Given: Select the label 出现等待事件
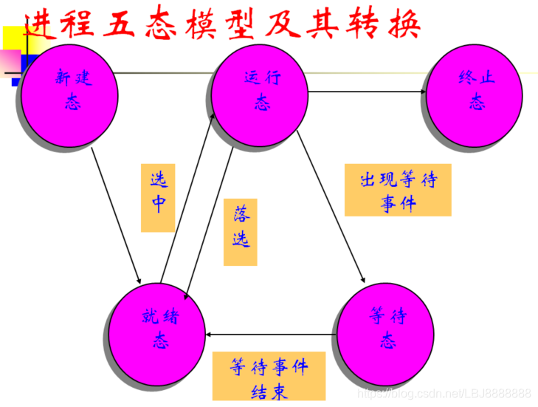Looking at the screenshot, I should (x=398, y=190).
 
